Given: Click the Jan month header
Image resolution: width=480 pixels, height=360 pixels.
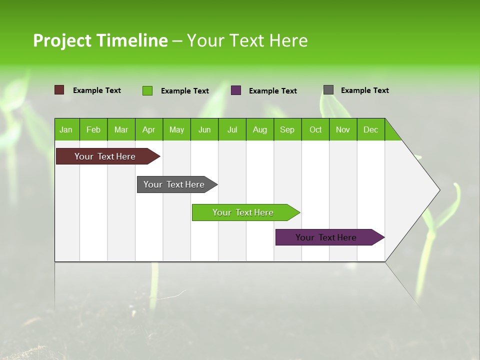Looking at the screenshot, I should pyautogui.click(x=66, y=129).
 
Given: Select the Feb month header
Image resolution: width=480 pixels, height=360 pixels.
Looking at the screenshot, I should pyautogui.click(x=93, y=129).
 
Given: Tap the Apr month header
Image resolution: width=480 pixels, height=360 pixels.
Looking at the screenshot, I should pyautogui.click(x=148, y=129).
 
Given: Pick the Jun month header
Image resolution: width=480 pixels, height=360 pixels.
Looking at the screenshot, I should pyautogui.click(x=204, y=129).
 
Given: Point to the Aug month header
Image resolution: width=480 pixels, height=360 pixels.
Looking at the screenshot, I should pyautogui.click(x=259, y=129).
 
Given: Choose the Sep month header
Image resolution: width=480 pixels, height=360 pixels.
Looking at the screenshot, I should pyautogui.click(x=287, y=129).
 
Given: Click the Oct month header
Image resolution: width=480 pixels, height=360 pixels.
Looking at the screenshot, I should pyautogui.click(x=315, y=129).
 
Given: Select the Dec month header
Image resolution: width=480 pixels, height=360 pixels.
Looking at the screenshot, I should pyautogui.click(x=370, y=129).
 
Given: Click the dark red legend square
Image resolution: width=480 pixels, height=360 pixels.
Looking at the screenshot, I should pyautogui.click(x=59, y=90).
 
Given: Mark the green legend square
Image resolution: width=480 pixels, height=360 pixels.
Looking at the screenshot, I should pyautogui.click(x=147, y=90).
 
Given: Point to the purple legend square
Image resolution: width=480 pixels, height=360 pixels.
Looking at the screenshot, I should pyautogui.click(x=236, y=90).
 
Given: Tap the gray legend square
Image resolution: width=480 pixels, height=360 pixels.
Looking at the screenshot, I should pyautogui.click(x=328, y=90).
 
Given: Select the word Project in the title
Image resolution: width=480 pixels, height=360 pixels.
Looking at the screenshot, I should pyautogui.click(x=62, y=41).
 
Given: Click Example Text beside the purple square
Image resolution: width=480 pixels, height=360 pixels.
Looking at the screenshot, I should pyautogui.click(x=272, y=91).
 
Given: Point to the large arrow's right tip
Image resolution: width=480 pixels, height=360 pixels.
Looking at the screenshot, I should pyautogui.click(x=439, y=190).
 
